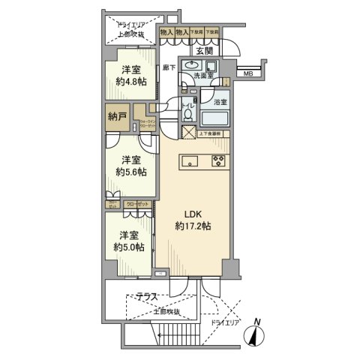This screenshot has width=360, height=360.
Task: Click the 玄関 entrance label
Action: (x=204, y=51)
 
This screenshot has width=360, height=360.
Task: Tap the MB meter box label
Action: (x=247, y=73)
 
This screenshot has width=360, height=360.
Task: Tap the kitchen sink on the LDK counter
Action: (x=189, y=160)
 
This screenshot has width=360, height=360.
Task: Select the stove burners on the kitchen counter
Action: (x=218, y=160)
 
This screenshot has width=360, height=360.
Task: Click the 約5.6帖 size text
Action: (x=131, y=172)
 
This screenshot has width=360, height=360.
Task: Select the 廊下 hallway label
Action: (x=167, y=67)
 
